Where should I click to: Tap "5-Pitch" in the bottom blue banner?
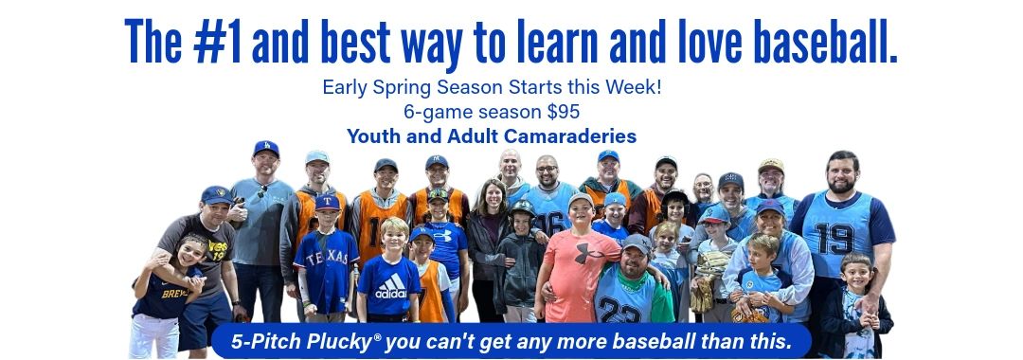(249, 341)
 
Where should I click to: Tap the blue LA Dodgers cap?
(266, 148)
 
